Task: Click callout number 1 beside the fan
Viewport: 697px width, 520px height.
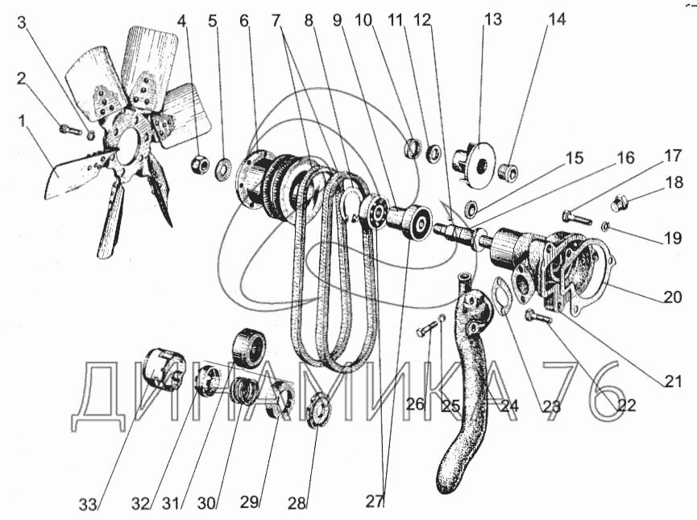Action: coord(23,121)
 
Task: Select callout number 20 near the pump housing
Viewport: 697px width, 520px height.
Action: coord(674,297)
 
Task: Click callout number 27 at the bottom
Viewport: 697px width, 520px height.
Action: coord(375,501)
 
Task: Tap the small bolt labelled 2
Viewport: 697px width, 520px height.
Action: coord(69,128)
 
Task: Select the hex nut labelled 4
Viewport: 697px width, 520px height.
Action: coord(198,164)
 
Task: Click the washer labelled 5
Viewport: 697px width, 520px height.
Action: coord(224,169)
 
